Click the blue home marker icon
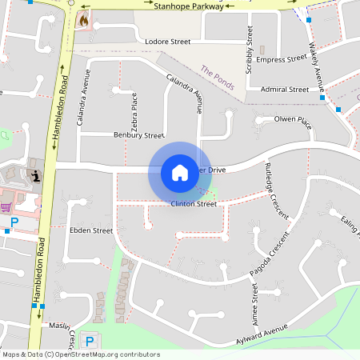click(x=179, y=173)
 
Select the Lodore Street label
click(x=167, y=41)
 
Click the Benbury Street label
click(x=138, y=135)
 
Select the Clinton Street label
click(x=194, y=204)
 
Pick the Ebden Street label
click(x=92, y=230)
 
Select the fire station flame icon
click(x=83, y=20)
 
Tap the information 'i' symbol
click(x=34, y=174)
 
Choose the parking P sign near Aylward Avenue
click(x=90, y=341)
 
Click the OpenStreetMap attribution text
click(x=81, y=354)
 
